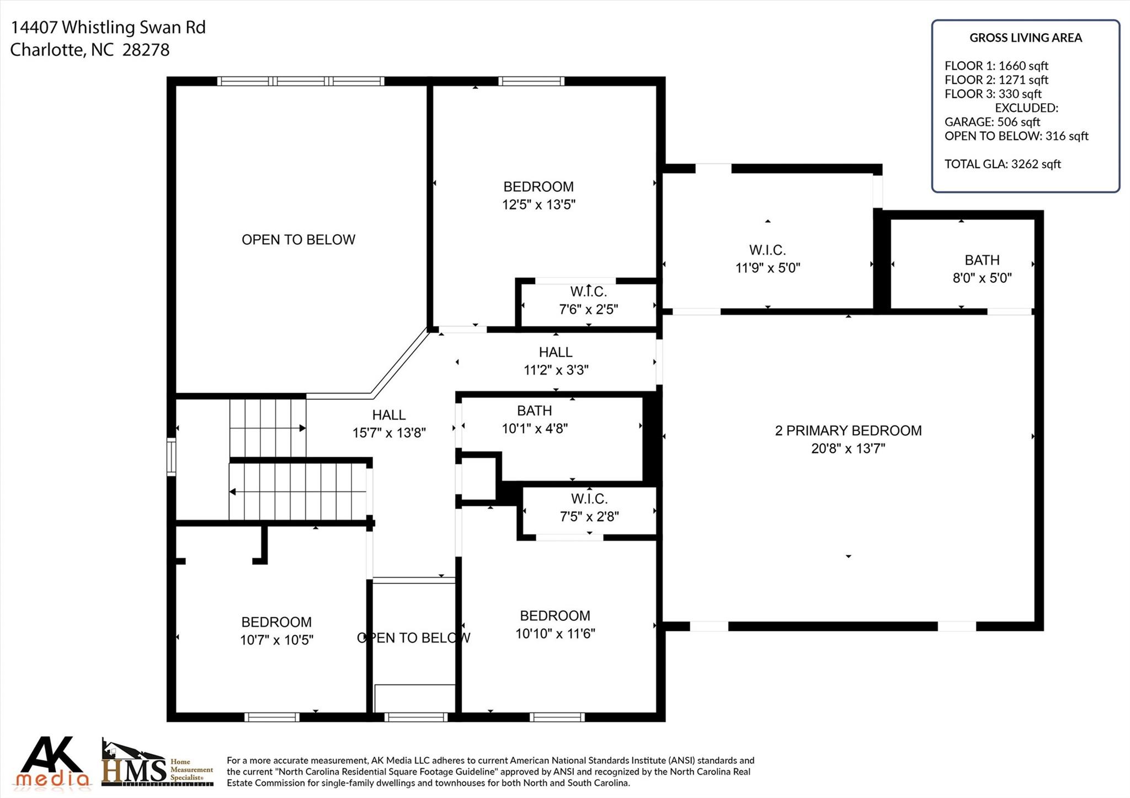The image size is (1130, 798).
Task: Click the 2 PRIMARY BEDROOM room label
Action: click(848, 431)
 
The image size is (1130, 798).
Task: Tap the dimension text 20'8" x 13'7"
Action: click(848, 448)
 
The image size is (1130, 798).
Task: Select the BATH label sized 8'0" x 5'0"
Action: click(982, 260)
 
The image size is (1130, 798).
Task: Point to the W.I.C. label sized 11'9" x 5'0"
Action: click(767, 250)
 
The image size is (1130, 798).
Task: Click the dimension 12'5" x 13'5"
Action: click(539, 205)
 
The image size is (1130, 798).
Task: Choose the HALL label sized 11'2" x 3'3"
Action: click(556, 352)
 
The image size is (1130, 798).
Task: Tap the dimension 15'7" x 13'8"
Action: click(390, 433)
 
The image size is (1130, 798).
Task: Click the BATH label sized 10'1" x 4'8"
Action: click(534, 411)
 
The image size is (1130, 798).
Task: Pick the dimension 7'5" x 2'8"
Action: click(589, 517)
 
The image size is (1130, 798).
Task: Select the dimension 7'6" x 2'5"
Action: click(589, 309)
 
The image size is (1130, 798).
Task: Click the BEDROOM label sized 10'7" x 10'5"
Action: click(276, 622)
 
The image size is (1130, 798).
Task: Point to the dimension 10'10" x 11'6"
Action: click(555, 634)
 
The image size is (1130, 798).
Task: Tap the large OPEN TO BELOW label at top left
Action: click(299, 240)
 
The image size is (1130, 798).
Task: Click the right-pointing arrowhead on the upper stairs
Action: click(302, 428)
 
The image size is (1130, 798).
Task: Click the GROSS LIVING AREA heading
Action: click(1026, 38)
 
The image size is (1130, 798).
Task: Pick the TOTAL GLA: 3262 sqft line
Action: click(1003, 164)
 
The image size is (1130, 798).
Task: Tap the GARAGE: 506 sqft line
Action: click(992, 122)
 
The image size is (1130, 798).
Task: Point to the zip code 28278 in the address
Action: click(146, 50)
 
